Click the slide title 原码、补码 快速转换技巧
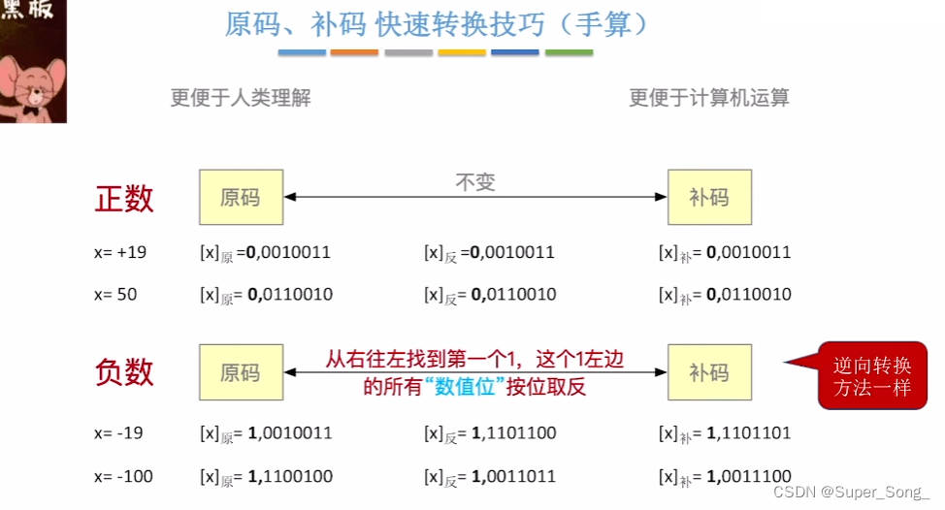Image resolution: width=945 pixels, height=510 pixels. [x=437, y=23]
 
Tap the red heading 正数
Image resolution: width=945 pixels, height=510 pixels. [x=124, y=198]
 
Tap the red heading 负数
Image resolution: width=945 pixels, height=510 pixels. [x=124, y=372]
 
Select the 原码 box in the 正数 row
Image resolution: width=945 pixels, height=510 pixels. [x=241, y=198]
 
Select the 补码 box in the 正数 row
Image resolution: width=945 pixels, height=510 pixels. [x=709, y=198]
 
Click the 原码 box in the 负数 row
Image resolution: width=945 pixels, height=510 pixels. [x=241, y=372]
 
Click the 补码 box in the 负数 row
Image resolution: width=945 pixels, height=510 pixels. [x=709, y=372]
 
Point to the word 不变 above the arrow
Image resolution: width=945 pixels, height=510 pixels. [x=474, y=182]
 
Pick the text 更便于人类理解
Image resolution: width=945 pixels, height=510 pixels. [x=241, y=98]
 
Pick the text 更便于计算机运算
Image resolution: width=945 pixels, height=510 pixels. [x=709, y=98]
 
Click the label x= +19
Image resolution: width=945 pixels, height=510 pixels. [x=120, y=252]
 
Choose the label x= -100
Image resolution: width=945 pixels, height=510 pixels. [x=123, y=476]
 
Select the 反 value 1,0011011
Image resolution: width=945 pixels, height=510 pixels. [x=514, y=476]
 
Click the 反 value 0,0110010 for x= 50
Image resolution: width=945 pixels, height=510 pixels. [x=514, y=294]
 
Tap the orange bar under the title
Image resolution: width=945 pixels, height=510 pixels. [x=353, y=52]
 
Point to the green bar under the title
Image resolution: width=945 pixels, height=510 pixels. [x=569, y=52]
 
